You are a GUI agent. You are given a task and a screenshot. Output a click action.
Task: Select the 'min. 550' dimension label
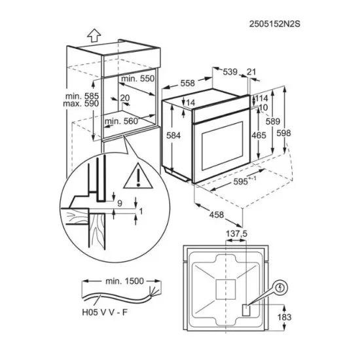pyautogui.click(x=138, y=78)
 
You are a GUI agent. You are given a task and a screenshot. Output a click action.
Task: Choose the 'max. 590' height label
pyautogui.click(x=82, y=105)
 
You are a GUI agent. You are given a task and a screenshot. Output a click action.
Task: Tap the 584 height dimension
pyautogui.click(x=173, y=135)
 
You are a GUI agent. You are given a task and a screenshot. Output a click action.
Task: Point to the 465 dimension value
pyautogui.click(x=259, y=135)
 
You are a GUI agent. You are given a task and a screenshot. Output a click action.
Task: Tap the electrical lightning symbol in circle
pyautogui.click(x=280, y=286)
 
